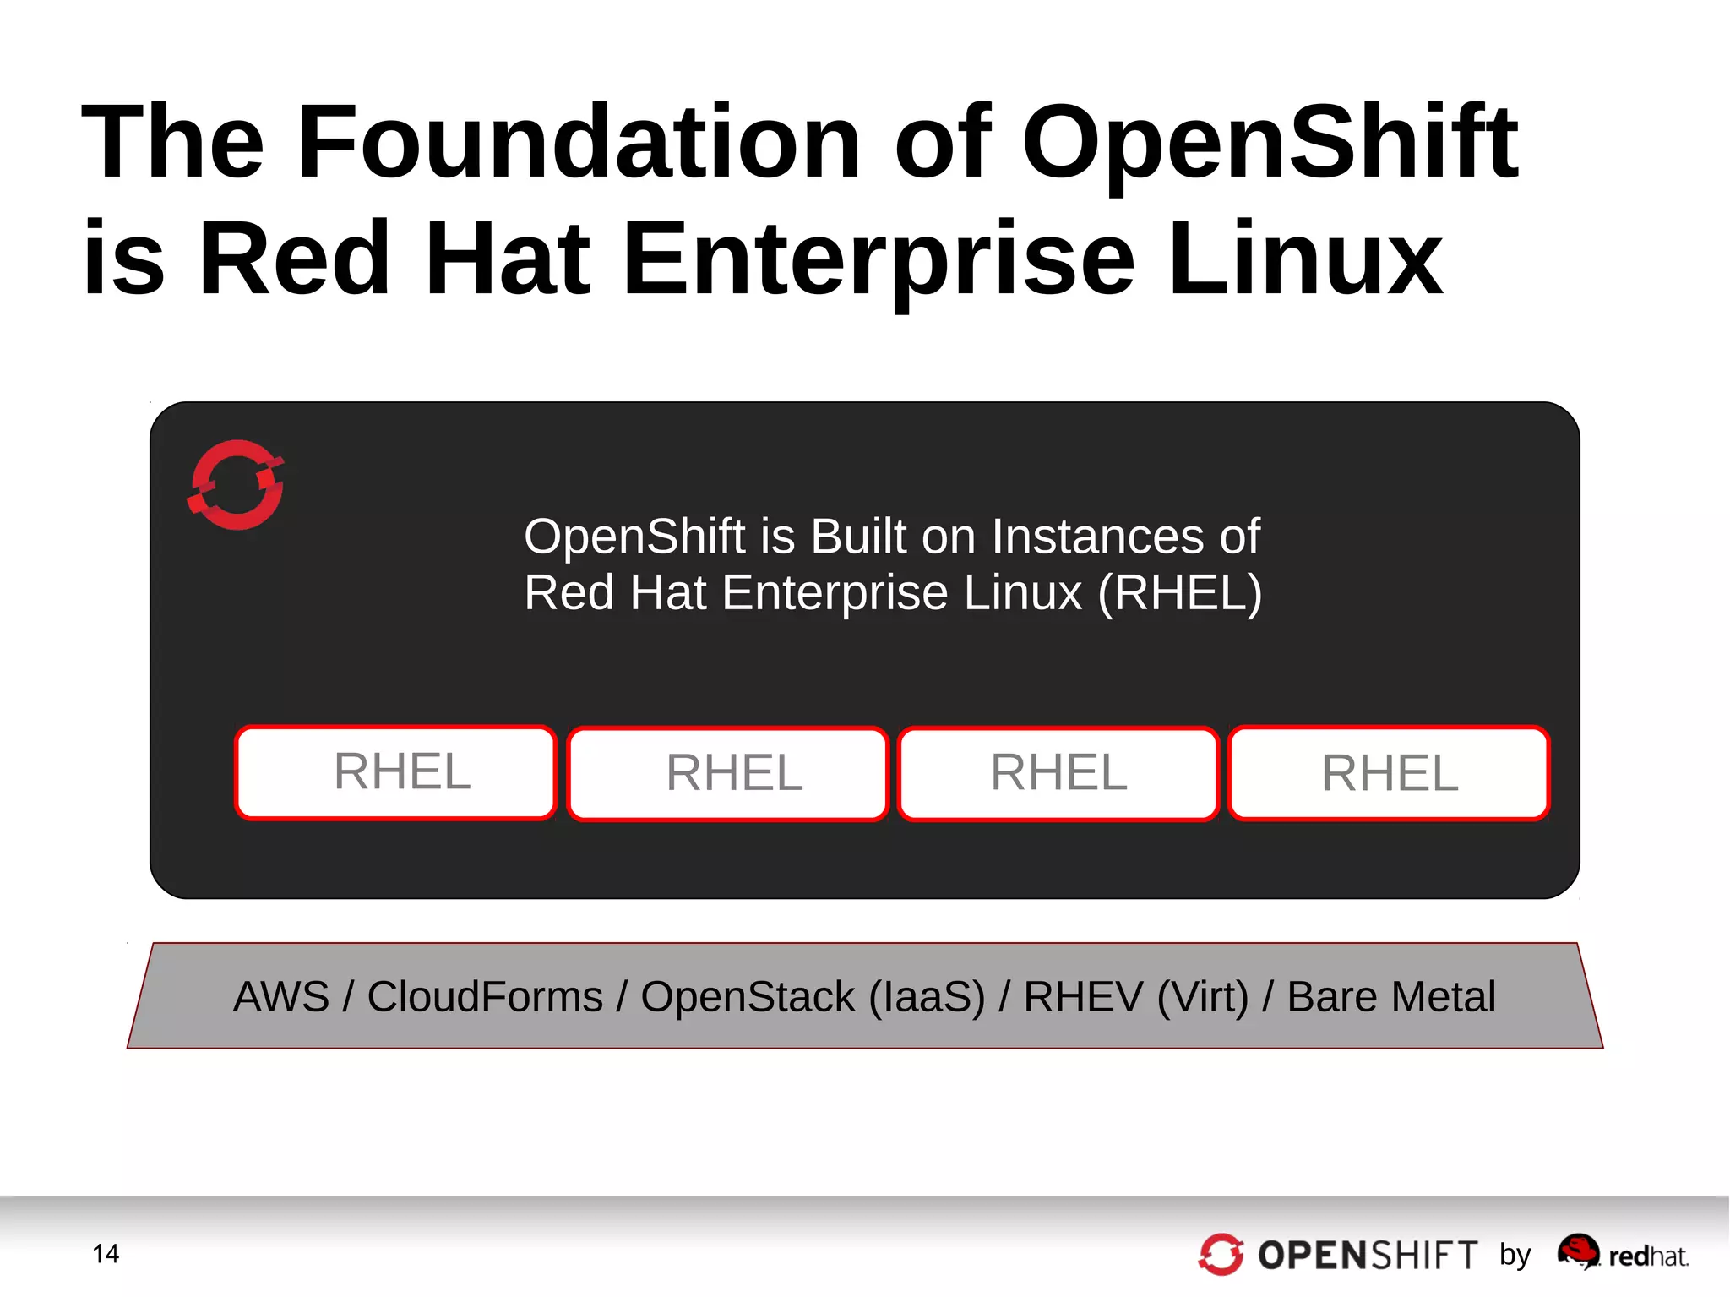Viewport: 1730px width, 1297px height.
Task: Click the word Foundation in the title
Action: pyautogui.click(x=579, y=142)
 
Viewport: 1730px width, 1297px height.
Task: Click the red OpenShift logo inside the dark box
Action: pyautogui.click(x=236, y=485)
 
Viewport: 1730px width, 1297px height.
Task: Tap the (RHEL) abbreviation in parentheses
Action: pyautogui.click(x=1180, y=592)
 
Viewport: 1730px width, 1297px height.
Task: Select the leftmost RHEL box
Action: pyautogui.click(x=395, y=772)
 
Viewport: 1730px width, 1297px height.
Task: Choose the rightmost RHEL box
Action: pyautogui.click(x=1390, y=773)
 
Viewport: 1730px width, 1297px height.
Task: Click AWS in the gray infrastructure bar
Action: pyautogui.click(x=280, y=997)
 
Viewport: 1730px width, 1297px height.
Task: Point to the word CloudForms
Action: pyautogui.click(x=485, y=997)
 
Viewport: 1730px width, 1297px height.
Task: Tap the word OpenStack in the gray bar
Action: pyautogui.click(x=748, y=997)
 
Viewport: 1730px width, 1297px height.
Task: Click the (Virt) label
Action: pyautogui.click(x=1202, y=997)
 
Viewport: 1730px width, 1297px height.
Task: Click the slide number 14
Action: pyautogui.click(x=106, y=1254)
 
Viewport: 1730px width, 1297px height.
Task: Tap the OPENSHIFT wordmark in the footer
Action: pyautogui.click(x=1368, y=1256)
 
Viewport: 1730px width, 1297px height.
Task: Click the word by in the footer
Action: pyautogui.click(x=1515, y=1255)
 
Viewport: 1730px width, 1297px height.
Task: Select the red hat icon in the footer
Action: pyautogui.click(x=1578, y=1251)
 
